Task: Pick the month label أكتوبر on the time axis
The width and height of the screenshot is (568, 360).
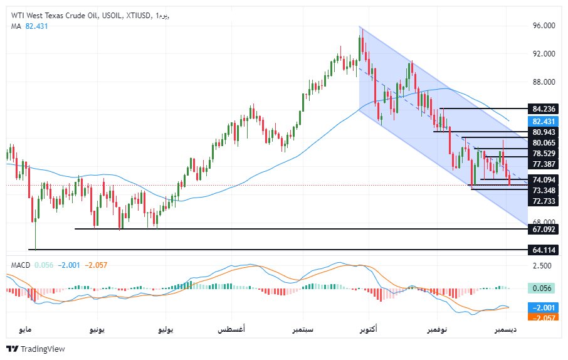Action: click(x=369, y=329)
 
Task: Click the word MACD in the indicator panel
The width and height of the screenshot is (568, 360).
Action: click(x=21, y=265)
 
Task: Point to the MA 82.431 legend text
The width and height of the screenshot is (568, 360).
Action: click(x=29, y=26)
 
